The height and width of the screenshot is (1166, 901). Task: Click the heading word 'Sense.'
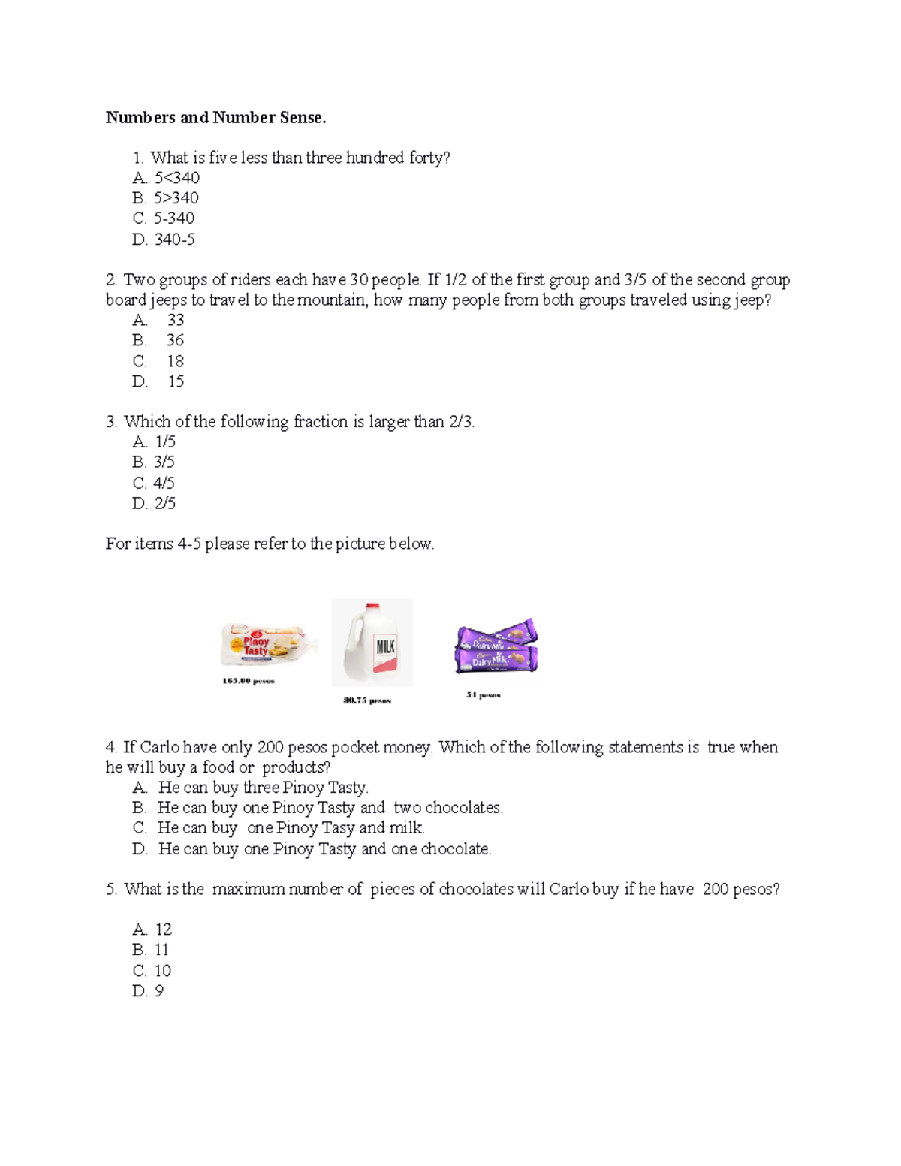coord(303,118)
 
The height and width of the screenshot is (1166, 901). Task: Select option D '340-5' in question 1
coord(174,240)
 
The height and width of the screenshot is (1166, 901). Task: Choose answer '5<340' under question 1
coord(176,178)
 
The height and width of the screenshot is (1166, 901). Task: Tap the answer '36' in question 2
coord(175,340)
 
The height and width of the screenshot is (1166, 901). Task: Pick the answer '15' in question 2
coord(176,381)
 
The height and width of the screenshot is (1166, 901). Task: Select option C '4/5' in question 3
coord(164,483)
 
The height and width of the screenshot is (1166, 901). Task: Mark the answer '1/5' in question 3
coord(165,442)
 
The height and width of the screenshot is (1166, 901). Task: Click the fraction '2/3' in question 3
coord(460,422)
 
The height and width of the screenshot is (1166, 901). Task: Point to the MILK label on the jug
coord(385,646)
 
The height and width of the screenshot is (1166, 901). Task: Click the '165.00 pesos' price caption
coord(249,681)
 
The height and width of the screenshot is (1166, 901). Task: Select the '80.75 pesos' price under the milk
coord(367,701)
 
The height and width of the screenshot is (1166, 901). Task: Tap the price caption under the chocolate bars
coord(483,695)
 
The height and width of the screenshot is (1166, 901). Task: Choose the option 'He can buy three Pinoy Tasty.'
coord(263,788)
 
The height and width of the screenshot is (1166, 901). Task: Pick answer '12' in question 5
coord(163,929)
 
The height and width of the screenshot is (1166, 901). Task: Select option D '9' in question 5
coord(158,991)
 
